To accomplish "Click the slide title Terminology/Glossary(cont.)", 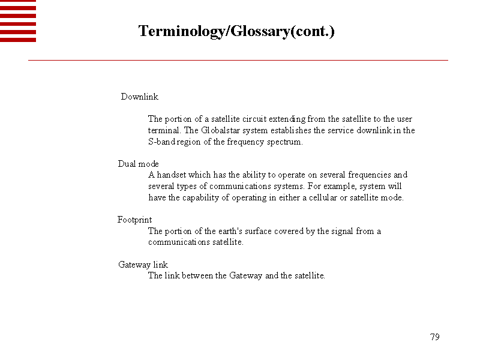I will (236, 31).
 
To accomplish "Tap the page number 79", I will (435, 337).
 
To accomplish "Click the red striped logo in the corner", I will (18, 21).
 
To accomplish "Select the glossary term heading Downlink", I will (140, 97).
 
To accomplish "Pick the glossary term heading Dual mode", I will (138, 164).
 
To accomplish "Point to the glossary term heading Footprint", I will (135, 220).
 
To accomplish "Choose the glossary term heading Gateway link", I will (143, 265).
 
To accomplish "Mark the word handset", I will (171, 175).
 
